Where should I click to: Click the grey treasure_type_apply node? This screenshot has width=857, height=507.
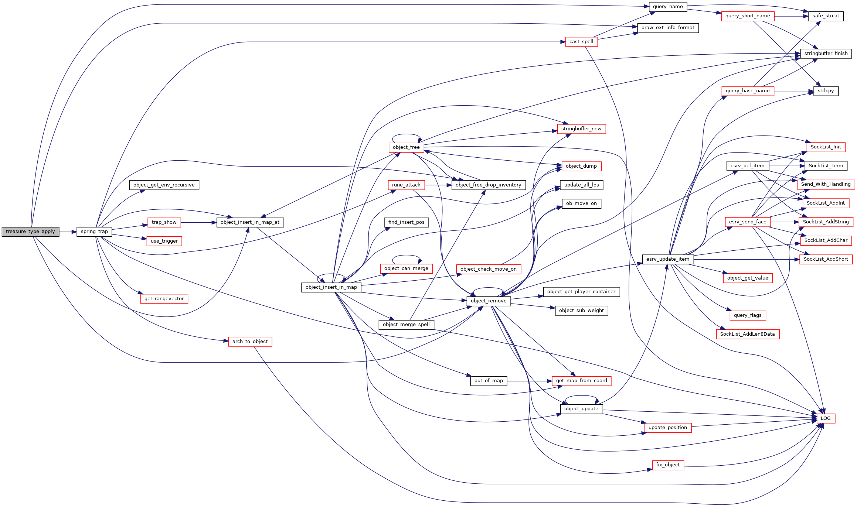(x=30, y=232)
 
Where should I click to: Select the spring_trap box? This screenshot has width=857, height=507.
(x=94, y=232)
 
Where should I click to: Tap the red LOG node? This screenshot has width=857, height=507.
(x=826, y=418)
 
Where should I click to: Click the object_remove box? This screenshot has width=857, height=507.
(x=489, y=301)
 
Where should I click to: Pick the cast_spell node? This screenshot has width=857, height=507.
(x=581, y=42)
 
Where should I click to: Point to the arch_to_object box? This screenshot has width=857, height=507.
(x=250, y=342)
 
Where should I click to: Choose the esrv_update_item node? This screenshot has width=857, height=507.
(x=668, y=259)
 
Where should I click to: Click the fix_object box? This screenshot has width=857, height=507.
(x=668, y=465)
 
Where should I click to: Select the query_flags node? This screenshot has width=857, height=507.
(x=748, y=315)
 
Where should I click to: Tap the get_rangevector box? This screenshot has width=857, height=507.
(x=164, y=299)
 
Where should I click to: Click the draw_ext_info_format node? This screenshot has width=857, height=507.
(x=668, y=28)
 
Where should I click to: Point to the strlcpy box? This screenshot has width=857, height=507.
(x=826, y=91)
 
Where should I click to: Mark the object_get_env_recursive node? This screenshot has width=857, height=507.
(x=164, y=185)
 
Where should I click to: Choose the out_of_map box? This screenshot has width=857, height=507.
(x=489, y=381)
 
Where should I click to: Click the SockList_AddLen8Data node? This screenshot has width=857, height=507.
(x=747, y=334)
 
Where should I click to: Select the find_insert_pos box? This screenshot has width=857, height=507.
(x=406, y=222)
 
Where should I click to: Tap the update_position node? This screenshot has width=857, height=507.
(x=667, y=428)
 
